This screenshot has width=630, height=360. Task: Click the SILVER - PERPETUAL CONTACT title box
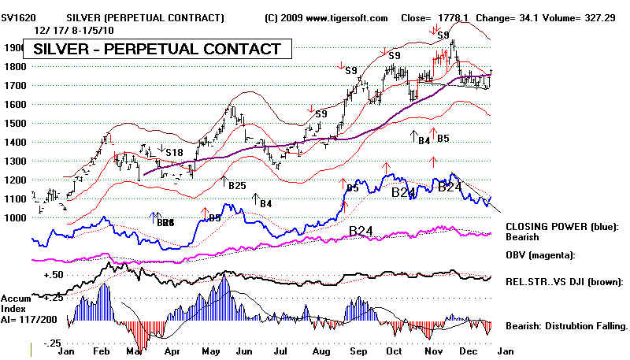(x=157, y=50)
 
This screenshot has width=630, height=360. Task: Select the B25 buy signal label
(x=236, y=185)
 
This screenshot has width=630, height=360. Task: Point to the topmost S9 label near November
(x=444, y=35)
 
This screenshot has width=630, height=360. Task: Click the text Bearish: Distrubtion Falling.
(x=567, y=325)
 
